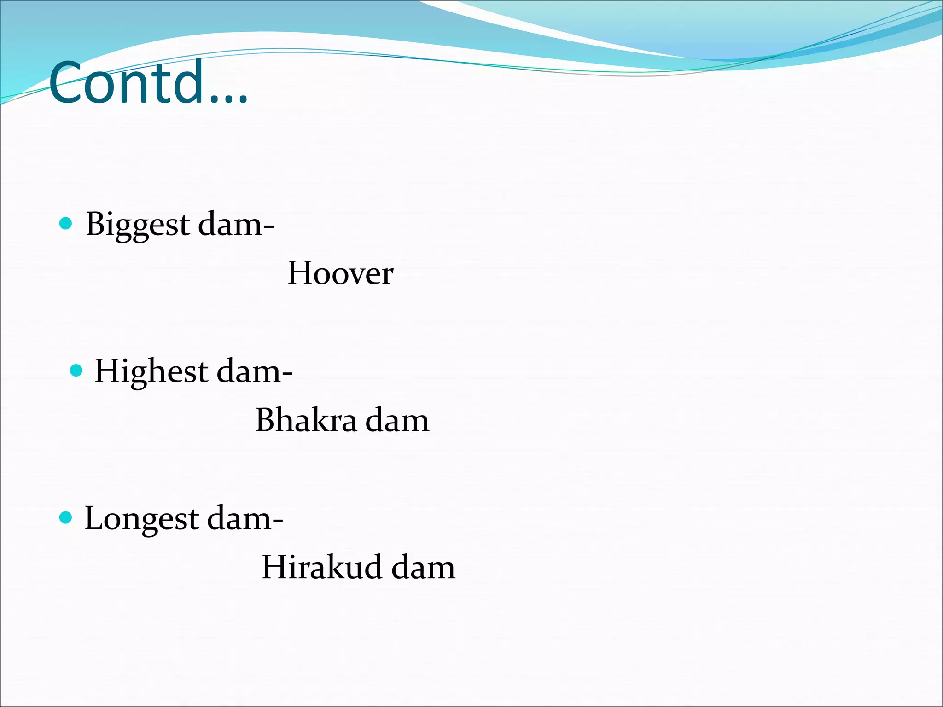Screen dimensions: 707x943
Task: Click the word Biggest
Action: click(138, 225)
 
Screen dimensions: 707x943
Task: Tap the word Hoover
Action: click(340, 273)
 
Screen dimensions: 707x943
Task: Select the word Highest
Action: click(151, 371)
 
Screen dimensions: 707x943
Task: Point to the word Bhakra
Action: click(306, 420)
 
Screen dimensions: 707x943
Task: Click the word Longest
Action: click(141, 519)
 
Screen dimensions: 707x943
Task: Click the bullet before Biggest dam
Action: click(66, 224)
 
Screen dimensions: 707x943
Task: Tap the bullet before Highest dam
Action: click(76, 371)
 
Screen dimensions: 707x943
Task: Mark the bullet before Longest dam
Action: click(66, 517)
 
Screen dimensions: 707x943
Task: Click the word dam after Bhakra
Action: click(397, 420)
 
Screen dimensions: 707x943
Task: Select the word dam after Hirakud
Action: click(423, 567)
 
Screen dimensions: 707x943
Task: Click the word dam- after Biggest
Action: click(236, 225)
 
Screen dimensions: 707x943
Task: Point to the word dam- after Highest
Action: click(254, 371)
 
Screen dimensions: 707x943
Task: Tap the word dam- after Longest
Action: click(245, 519)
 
